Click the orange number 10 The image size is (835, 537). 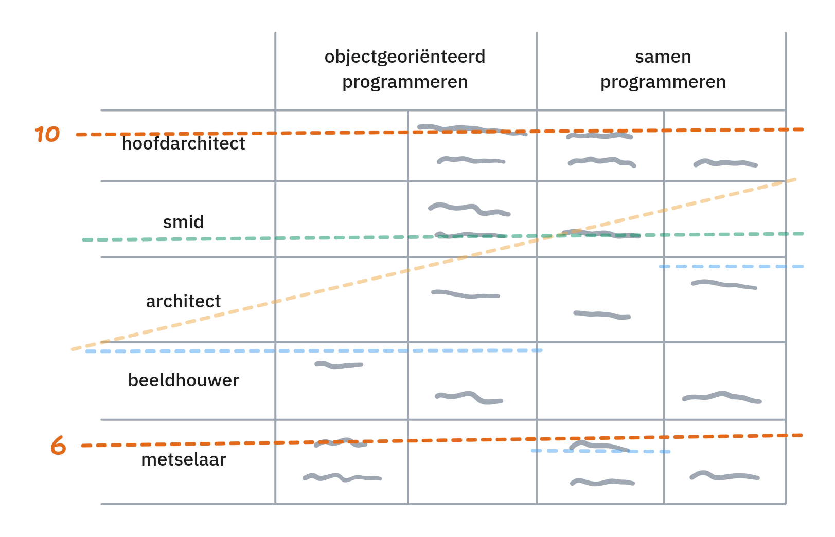(47, 134)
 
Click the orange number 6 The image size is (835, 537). (58, 445)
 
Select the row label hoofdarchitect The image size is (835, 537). (184, 143)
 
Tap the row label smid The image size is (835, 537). (184, 222)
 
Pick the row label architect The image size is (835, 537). (184, 301)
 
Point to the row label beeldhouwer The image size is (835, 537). (184, 380)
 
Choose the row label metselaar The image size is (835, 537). (184, 459)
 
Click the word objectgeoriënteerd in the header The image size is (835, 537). (405, 57)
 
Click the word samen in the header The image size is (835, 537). (663, 57)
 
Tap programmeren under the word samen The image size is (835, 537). (663, 82)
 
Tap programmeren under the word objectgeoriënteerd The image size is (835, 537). (405, 82)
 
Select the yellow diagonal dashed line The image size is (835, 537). (360, 281)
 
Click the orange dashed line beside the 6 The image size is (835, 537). (206, 444)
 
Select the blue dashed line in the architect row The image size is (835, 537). (731, 267)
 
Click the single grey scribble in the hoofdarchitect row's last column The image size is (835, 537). (725, 163)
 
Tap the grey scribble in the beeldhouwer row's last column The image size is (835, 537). (721, 397)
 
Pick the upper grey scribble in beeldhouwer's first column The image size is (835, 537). (339, 365)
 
